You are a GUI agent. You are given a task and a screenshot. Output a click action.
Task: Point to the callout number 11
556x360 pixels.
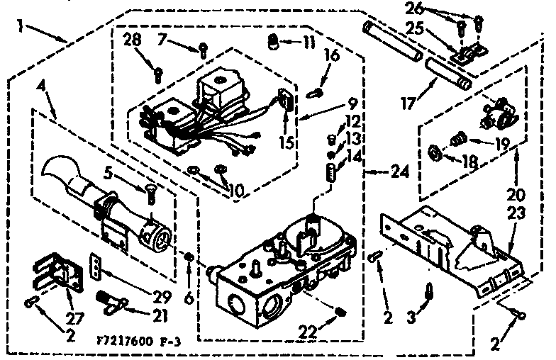click(x=307, y=43)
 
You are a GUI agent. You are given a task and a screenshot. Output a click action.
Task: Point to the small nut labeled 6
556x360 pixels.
click(x=189, y=257)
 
